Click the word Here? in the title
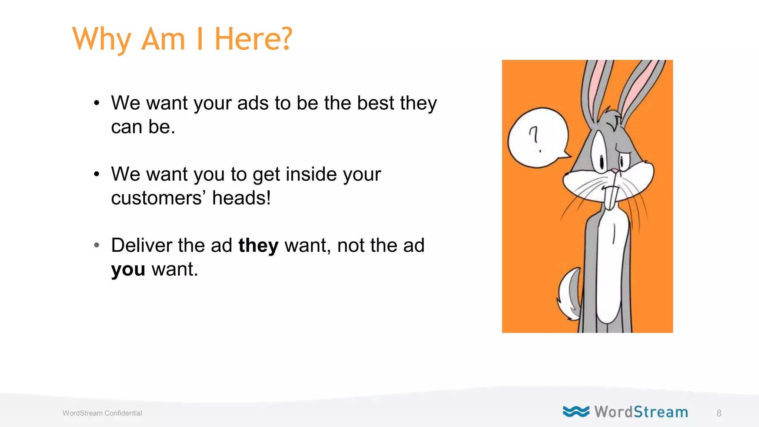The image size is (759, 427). pyautogui.click(x=253, y=39)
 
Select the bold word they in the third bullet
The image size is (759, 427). pyautogui.click(x=258, y=246)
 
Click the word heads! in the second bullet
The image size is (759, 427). pyautogui.click(x=241, y=198)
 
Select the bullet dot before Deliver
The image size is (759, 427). pyautogui.click(x=97, y=245)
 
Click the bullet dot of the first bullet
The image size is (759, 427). pyautogui.click(x=97, y=103)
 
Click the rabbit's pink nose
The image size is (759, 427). pyautogui.click(x=615, y=171)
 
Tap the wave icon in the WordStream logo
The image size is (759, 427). pyautogui.click(x=576, y=411)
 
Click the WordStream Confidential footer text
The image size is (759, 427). pyautogui.click(x=102, y=413)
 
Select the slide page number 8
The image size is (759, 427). pyautogui.click(x=719, y=413)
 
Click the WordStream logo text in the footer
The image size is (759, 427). pyautogui.click(x=641, y=412)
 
